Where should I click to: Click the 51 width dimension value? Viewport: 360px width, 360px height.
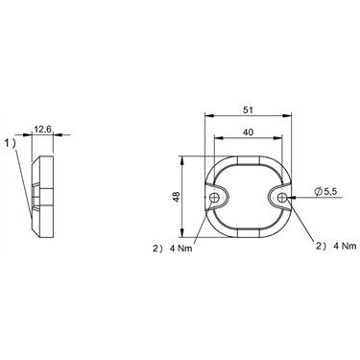coord(248,110)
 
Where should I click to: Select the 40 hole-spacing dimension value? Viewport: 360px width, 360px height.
coord(248,132)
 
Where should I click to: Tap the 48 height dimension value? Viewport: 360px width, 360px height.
coord(176,197)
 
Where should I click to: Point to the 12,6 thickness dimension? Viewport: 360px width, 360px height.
coord(43,130)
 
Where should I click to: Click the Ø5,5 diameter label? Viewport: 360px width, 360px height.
coord(325,192)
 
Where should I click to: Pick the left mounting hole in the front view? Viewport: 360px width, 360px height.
coord(214,198)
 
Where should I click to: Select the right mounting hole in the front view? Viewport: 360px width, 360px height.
coord(282,198)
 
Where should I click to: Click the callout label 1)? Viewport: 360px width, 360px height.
coord(10,144)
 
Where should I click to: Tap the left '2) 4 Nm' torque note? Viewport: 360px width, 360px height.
coord(173,249)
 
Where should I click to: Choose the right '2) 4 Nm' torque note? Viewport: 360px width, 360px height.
coord(336,246)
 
